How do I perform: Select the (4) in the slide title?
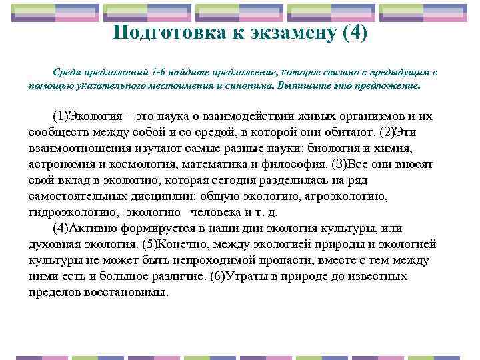[x=353, y=33]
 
